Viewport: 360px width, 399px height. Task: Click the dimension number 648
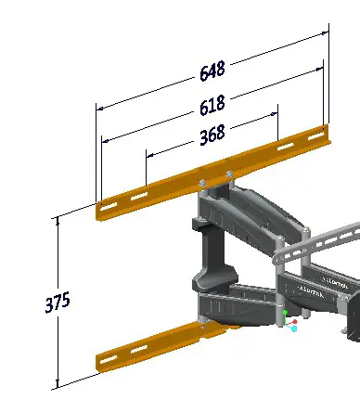pyautogui.click(x=212, y=71)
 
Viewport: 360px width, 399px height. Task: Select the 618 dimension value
pyautogui.click(x=212, y=103)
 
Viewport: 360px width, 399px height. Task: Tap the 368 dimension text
pyautogui.click(x=212, y=135)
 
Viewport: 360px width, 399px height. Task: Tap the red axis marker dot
pyautogui.click(x=295, y=322)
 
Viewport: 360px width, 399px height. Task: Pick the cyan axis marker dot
pyautogui.click(x=293, y=328)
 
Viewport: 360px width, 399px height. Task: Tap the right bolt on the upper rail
pyautogui.click(x=228, y=174)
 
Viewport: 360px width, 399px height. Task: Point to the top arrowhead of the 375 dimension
pyautogui.click(x=58, y=220)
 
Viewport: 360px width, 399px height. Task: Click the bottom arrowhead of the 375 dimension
pyautogui.click(x=58, y=383)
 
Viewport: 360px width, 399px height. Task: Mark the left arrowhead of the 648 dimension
pyautogui.click(x=99, y=108)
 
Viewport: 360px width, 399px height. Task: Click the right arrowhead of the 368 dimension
pyautogui.click(x=276, y=114)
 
